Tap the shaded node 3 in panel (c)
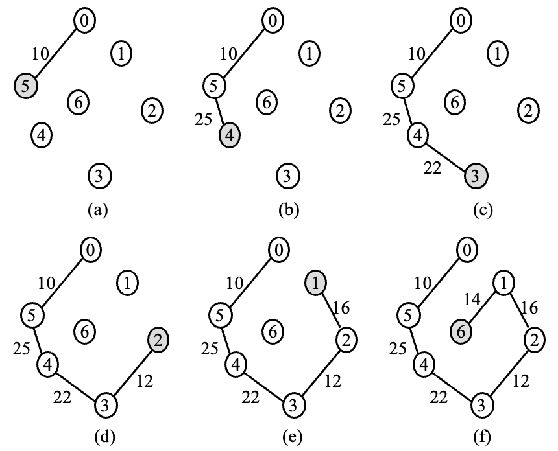pos(476,175)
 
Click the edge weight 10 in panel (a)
pos(41,54)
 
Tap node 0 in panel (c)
pos(460,21)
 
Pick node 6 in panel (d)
pos(83,331)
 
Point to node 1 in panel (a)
pos(121,52)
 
